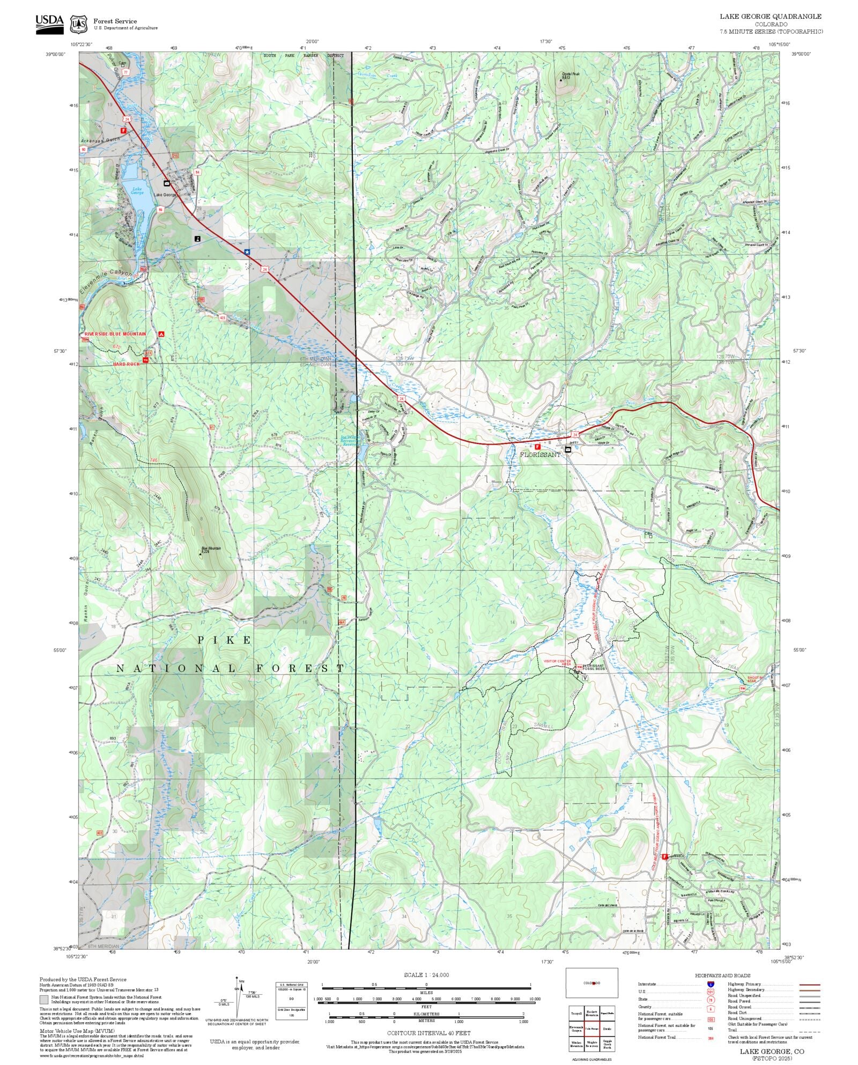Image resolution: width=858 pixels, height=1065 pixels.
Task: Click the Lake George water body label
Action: [x=138, y=190]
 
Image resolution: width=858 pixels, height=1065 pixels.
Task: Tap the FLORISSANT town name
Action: [x=540, y=454]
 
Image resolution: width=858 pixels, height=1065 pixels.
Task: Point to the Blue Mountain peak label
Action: [x=211, y=549]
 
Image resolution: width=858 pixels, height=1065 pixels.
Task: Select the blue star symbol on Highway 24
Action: [x=247, y=251]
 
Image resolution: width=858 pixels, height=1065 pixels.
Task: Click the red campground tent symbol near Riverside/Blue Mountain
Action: [x=161, y=334]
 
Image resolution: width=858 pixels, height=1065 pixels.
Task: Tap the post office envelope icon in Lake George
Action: [x=167, y=183]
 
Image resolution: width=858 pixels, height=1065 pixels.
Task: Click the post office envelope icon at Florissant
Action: [x=568, y=449]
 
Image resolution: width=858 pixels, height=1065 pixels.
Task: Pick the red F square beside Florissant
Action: [x=537, y=446]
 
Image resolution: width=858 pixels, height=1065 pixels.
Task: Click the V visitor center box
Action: [x=585, y=677]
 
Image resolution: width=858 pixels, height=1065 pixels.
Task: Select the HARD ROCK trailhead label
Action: [x=126, y=364]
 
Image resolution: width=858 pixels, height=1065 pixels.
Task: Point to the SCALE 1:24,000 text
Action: [x=426, y=975]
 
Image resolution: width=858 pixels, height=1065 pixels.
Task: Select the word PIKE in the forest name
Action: [x=224, y=640]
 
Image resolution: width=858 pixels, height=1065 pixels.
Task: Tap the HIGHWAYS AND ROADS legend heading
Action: [x=722, y=975]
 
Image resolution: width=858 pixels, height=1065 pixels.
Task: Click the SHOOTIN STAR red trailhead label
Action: [x=755, y=679]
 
